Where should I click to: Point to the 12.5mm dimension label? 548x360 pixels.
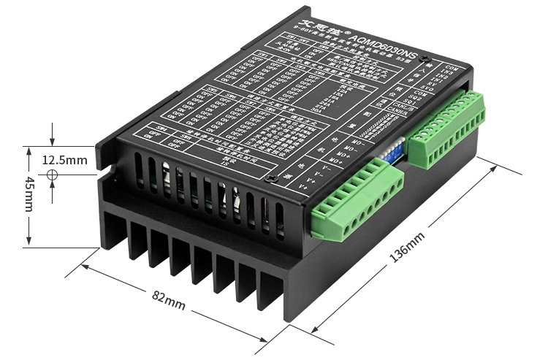tap(64, 159)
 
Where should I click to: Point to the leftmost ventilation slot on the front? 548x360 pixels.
tap(138, 170)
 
